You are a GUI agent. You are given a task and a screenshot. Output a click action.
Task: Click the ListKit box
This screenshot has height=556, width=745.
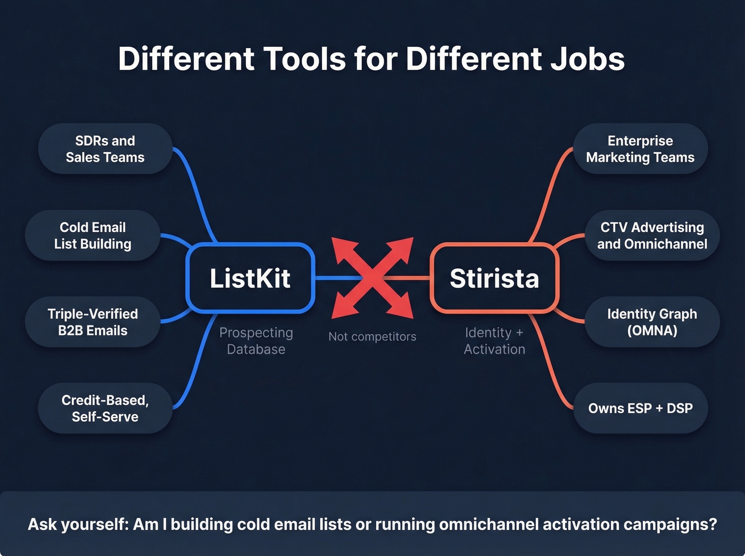click(x=250, y=278)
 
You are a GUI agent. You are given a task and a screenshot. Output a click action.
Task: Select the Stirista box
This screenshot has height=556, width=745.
click(x=494, y=278)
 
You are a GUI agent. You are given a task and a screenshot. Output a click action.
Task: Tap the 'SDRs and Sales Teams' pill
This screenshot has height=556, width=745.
click(x=105, y=149)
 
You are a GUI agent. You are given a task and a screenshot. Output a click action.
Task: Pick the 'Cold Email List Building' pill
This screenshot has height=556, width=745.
click(x=93, y=236)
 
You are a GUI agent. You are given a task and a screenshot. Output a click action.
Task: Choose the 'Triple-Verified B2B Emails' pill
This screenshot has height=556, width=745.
click(x=93, y=322)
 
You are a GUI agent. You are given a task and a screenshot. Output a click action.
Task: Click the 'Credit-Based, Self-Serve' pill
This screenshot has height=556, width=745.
click(x=105, y=408)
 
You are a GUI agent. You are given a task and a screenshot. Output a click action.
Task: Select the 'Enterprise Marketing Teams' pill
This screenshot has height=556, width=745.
click(x=640, y=149)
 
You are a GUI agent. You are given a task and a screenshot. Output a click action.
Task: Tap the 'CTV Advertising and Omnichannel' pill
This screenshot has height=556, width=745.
click(x=652, y=236)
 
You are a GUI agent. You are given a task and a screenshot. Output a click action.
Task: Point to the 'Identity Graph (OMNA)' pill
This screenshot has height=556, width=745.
click(x=652, y=322)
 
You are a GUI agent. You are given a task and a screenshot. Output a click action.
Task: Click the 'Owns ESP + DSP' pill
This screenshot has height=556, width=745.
click(x=640, y=408)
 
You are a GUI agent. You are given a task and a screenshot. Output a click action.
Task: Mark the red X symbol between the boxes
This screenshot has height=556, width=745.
click(x=372, y=278)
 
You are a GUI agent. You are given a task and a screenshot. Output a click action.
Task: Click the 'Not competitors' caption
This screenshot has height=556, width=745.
click(x=372, y=336)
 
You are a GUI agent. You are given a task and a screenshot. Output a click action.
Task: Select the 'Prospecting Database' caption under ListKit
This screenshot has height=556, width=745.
click(x=256, y=341)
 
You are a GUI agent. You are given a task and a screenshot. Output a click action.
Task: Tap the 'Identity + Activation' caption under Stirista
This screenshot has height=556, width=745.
click(x=494, y=341)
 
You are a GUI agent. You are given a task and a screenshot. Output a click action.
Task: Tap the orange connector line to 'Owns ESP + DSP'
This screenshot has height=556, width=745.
click(x=551, y=367)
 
